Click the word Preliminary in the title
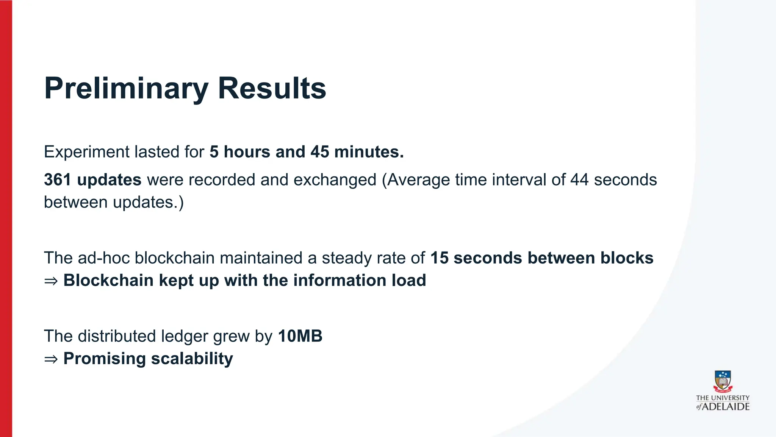click(126, 89)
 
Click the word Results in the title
click(272, 89)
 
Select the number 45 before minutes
click(320, 152)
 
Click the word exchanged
click(335, 180)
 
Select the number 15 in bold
click(439, 258)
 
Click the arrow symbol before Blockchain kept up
click(51, 281)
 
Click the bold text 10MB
click(300, 336)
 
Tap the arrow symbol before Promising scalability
click(51, 359)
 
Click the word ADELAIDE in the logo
click(726, 407)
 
